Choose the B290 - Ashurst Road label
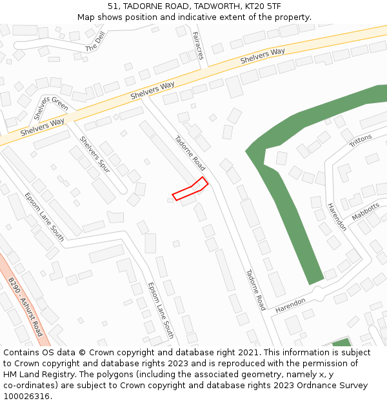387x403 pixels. (25, 307)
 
